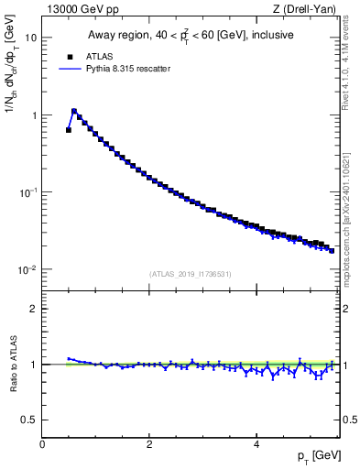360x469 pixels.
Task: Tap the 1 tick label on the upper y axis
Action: pos(34,115)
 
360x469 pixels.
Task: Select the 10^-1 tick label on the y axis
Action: pos(28,192)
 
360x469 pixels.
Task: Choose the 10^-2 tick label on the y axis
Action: pos(28,269)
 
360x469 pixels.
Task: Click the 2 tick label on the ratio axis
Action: pos(34,309)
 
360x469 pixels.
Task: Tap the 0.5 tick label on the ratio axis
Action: pos(30,420)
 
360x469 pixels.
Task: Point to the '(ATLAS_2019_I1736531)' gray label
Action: pos(191,274)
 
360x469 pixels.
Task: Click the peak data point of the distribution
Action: pos(74,112)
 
